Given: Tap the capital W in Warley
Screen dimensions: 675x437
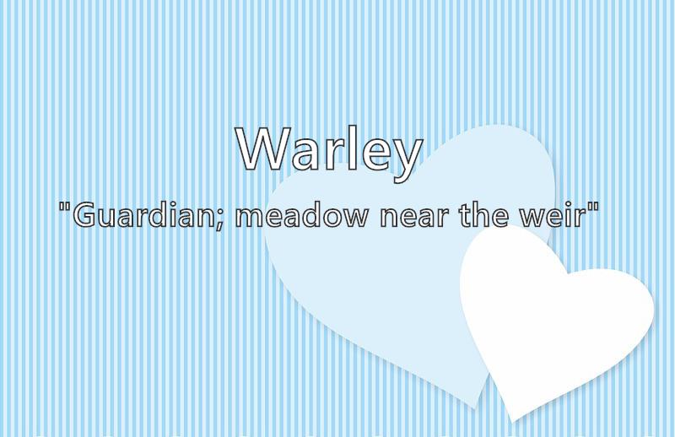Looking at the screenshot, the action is (x=262, y=149).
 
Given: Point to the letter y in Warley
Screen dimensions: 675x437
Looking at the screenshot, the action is (x=407, y=160).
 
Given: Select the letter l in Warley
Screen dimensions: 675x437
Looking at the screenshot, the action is (x=353, y=148).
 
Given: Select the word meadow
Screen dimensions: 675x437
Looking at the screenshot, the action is (x=302, y=214).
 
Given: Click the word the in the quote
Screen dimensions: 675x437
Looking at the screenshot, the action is (x=488, y=214).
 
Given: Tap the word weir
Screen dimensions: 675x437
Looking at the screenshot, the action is (x=554, y=214).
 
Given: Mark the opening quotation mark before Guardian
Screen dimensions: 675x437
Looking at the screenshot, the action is (x=65, y=207).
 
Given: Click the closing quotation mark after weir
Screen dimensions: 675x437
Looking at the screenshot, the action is (x=593, y=207).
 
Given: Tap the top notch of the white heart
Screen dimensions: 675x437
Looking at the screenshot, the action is (x=567, y=274).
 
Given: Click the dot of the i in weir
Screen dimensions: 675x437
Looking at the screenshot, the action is (x=569, y=203).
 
